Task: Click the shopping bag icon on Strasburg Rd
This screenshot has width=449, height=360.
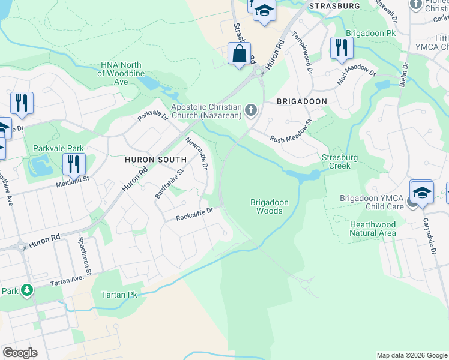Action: tap(239, 54)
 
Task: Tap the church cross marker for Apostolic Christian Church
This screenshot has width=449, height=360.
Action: tap(251, 110)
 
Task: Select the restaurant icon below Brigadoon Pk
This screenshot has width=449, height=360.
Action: tap(341, 48)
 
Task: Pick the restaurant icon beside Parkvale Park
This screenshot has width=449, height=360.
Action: tap(73, 164)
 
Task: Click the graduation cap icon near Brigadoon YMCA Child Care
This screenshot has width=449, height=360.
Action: tap(421, 193)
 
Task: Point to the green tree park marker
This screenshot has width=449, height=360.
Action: tap(26, 291)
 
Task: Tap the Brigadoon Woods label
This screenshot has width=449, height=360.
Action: tap(266, 207)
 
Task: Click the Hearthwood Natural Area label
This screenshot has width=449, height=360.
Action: tap(373, 228)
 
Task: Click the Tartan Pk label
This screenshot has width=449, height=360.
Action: tap(120, 295)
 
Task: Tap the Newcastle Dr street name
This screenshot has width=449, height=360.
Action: tap(196, 154)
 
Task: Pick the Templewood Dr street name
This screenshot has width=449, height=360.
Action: tap(303, 52)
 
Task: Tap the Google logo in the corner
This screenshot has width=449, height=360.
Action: tap(20, 352)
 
